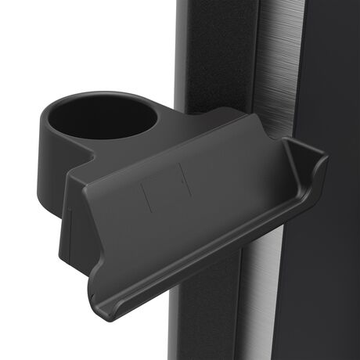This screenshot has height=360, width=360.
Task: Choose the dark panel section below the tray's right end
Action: [313, 282]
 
